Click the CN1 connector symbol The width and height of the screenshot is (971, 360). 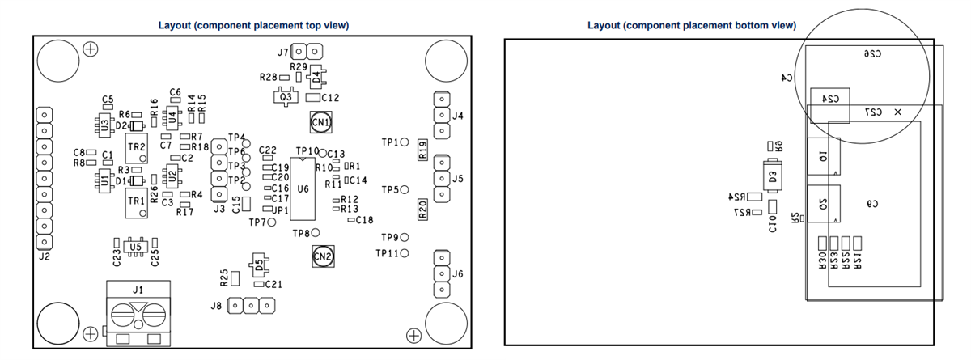(321, 123)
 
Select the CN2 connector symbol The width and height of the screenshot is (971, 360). (322, 256)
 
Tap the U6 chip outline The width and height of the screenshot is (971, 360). (303, 189)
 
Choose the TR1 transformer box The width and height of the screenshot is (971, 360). (136, 200)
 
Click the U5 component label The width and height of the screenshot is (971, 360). (135, 246)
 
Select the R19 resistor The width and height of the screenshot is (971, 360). (422, 149)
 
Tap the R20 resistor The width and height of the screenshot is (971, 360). (422, 210)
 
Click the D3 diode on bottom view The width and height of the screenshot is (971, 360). (773, 176)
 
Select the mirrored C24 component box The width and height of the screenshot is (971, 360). (830, 98)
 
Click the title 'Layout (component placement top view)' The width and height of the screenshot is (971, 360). (253, 25)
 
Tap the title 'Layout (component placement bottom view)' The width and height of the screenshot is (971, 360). (692, 25)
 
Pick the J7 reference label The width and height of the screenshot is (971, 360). (282, 52)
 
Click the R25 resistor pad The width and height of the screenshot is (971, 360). (235, 278)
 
